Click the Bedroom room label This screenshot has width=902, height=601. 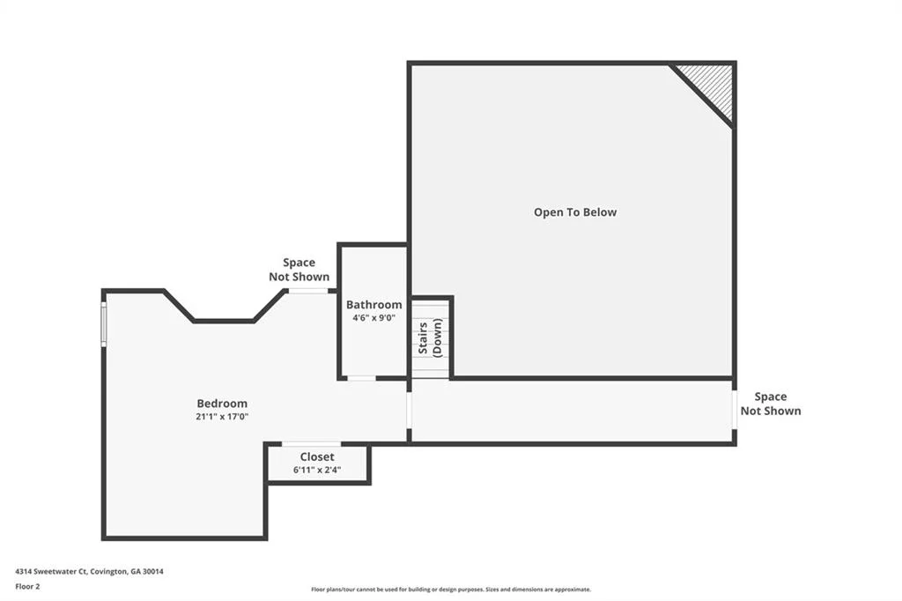222,404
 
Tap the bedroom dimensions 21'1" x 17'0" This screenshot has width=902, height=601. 222,417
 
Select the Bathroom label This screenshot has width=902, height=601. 373,305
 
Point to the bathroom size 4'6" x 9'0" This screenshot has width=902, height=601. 373,318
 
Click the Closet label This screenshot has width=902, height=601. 317,456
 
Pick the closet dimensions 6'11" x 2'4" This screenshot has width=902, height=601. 317,470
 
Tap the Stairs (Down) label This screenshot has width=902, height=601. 430,338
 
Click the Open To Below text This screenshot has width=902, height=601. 575,211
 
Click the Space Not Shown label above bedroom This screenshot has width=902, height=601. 299,270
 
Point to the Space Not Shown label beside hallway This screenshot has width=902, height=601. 771,404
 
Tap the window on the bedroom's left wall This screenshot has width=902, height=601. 104,324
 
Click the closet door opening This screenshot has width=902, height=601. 311,444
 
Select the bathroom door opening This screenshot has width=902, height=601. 362,378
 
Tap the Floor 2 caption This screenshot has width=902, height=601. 27,587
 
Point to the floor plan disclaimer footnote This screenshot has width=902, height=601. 451,590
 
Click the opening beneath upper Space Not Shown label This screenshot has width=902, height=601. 307,291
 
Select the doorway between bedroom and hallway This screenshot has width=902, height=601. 410,410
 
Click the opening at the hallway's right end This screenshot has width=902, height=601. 735,410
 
